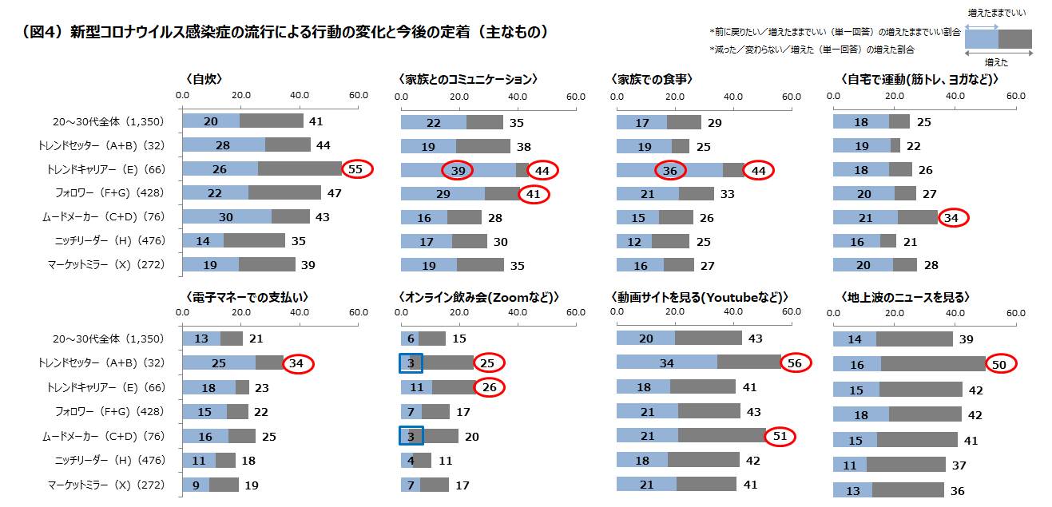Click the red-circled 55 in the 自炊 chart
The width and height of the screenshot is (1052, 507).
357,169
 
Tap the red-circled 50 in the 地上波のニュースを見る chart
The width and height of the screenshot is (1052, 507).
999,363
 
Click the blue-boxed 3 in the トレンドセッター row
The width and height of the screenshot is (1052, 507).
411,363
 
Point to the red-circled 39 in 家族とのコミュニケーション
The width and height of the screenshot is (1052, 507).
457,169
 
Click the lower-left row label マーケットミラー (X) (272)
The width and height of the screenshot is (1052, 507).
105,485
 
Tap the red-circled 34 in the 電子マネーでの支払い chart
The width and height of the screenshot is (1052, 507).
298,363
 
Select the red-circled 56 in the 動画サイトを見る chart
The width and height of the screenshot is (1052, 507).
795,363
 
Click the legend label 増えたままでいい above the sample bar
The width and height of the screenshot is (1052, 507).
997,13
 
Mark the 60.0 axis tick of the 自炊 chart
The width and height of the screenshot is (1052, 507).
359,96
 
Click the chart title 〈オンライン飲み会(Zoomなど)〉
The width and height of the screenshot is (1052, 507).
478,297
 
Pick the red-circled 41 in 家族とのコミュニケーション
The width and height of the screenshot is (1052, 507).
534,193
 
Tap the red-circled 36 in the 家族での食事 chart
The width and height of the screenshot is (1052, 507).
669,169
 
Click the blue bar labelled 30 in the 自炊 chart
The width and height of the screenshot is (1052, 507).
227,217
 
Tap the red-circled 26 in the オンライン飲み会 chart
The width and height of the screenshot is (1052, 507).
489,387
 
